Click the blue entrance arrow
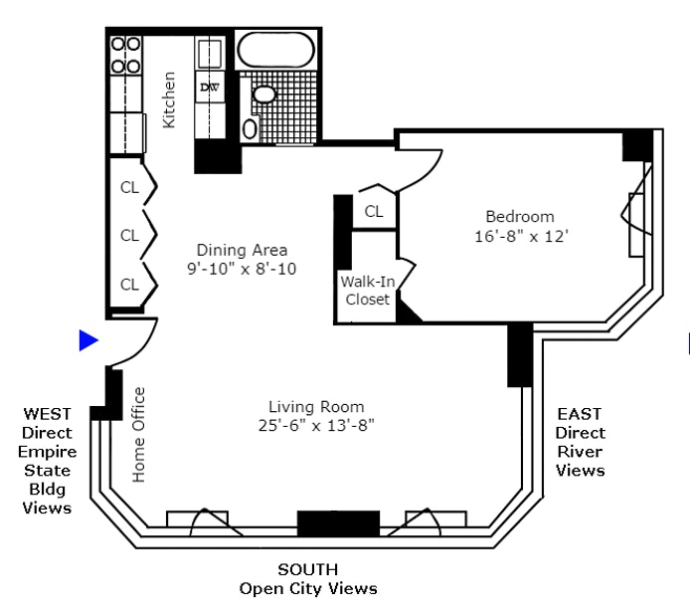[x=88, y=340]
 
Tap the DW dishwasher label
[x=209, y=88]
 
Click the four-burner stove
[x=125, y=56]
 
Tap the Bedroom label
[x=519, y=217]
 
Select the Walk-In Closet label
[x=367, y=291]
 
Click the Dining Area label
[x=242, y=250]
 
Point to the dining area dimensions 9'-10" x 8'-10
[x=242, y=269]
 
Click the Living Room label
[x=316, y=406]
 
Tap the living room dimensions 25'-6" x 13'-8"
[x=316, y=426]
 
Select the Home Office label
[x=138, y=434]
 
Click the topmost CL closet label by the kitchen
[x=129, y=187]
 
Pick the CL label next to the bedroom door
[x=374, y=211]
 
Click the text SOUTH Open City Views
[x=308, y=578]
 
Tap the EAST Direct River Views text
[x=580, y=442]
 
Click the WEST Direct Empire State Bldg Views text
[x=48, y=460]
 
